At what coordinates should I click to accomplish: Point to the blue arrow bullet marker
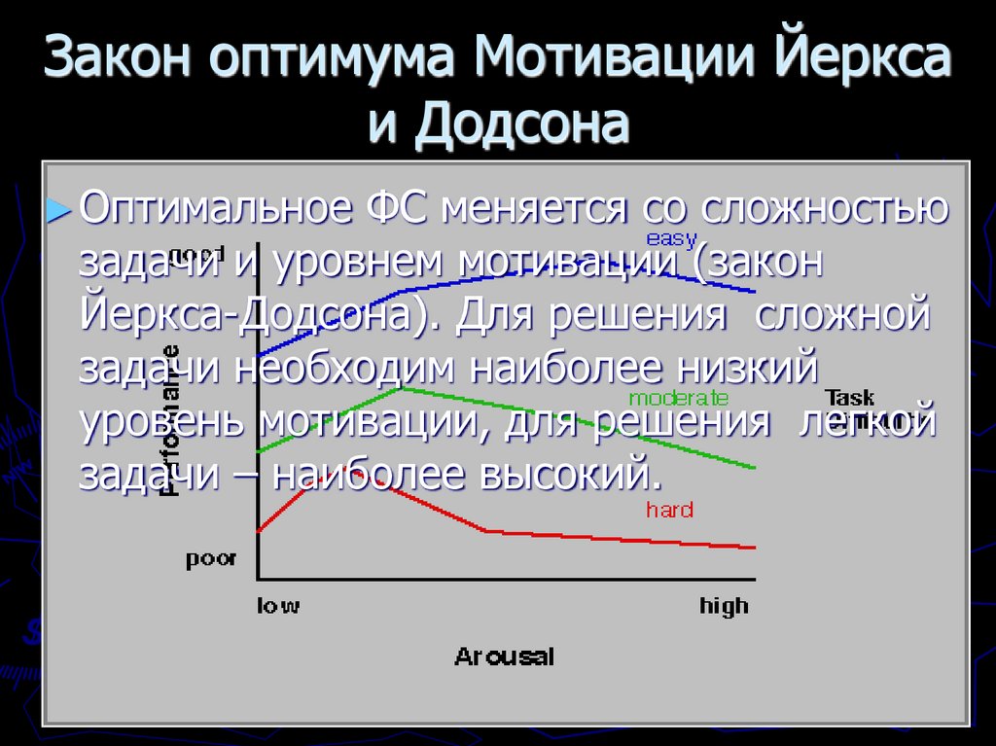[x=60, y=211]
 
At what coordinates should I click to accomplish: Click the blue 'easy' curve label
[x=671, y=238]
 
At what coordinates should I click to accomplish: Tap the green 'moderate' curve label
[x=678, y=397]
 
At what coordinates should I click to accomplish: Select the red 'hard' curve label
[x=668, y=510]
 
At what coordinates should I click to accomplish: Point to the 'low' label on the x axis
[x=278, y=606]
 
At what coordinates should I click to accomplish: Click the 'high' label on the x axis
[x=724, y=606]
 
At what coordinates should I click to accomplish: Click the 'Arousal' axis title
[x=504, y=657]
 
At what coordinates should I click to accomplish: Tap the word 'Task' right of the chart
[x=849, y=397]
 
